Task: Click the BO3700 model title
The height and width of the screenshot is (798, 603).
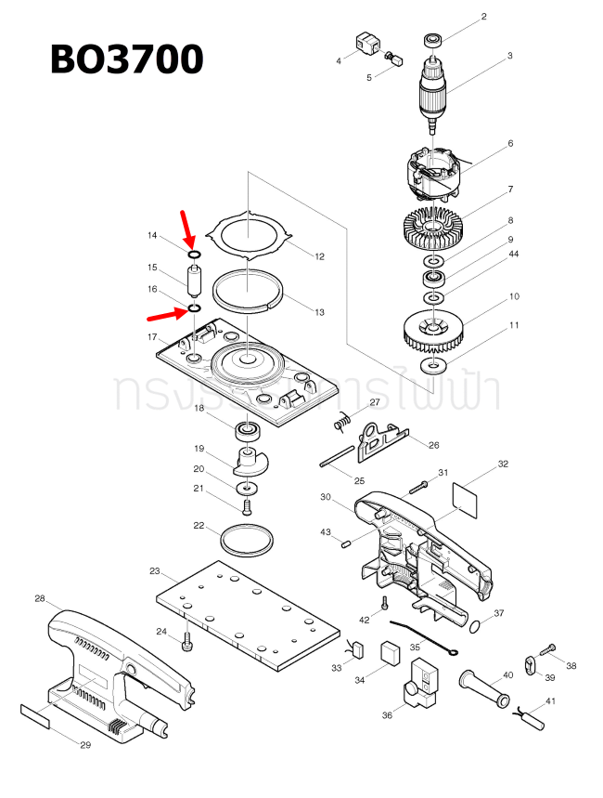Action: (x=126, y=59)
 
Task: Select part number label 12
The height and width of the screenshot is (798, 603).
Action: (x=319, y=256)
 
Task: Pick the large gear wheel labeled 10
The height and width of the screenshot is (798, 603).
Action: (x=434, y=330)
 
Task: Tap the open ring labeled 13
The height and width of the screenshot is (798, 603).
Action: (x=248, y=290)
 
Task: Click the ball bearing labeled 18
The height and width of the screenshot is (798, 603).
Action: (x=247, y=430)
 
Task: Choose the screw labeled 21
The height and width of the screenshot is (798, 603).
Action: (x=247, y=507)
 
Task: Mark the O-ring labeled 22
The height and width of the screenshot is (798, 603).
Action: (x=248, y=538)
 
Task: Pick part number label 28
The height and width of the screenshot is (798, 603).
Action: (x=40, y=598)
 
